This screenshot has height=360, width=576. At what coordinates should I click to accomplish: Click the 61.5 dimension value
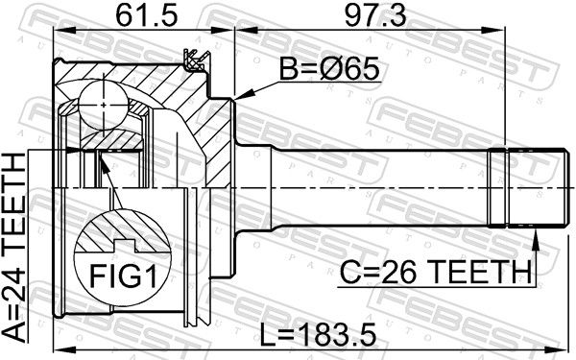(147, 15)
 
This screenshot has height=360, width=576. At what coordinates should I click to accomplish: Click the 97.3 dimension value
(375, 15)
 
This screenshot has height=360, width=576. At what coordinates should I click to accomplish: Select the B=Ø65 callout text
(328, 69)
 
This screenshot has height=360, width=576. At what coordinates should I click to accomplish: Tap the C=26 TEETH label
(436, 273)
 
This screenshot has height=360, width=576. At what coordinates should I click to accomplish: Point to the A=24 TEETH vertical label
(14, 248)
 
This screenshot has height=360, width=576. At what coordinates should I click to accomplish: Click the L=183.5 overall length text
(318, 335)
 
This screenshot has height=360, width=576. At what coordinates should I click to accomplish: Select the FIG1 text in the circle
(123, 276)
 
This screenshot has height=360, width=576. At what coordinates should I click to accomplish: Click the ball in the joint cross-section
(104, 105)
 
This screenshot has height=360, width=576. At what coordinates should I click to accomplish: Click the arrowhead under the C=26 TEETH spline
(536, 239)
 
